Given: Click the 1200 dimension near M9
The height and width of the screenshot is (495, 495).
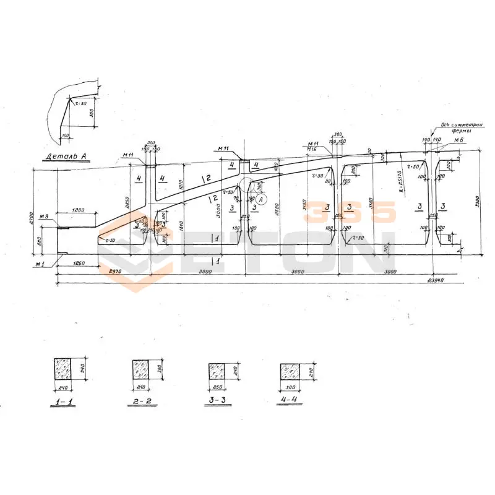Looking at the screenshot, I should pyautogui.click(x=78, y=210).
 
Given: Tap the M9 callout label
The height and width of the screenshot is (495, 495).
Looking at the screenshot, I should pyautogui.click(x=43, y=217).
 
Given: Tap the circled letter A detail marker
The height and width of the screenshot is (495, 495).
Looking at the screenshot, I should pyautogui.click(x=261, y=199).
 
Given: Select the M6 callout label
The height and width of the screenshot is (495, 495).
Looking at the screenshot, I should pyautogui.click(x=458, y=141).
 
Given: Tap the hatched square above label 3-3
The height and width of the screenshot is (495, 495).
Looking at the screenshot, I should pyautogui.click(x=217, y=372).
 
